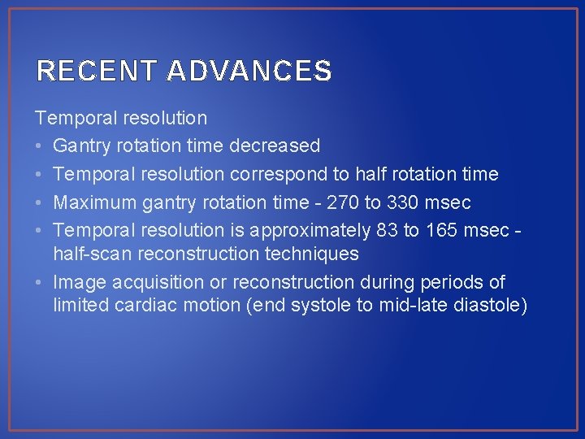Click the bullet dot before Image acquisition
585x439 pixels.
pos(40,282)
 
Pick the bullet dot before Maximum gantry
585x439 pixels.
pos(40,202)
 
